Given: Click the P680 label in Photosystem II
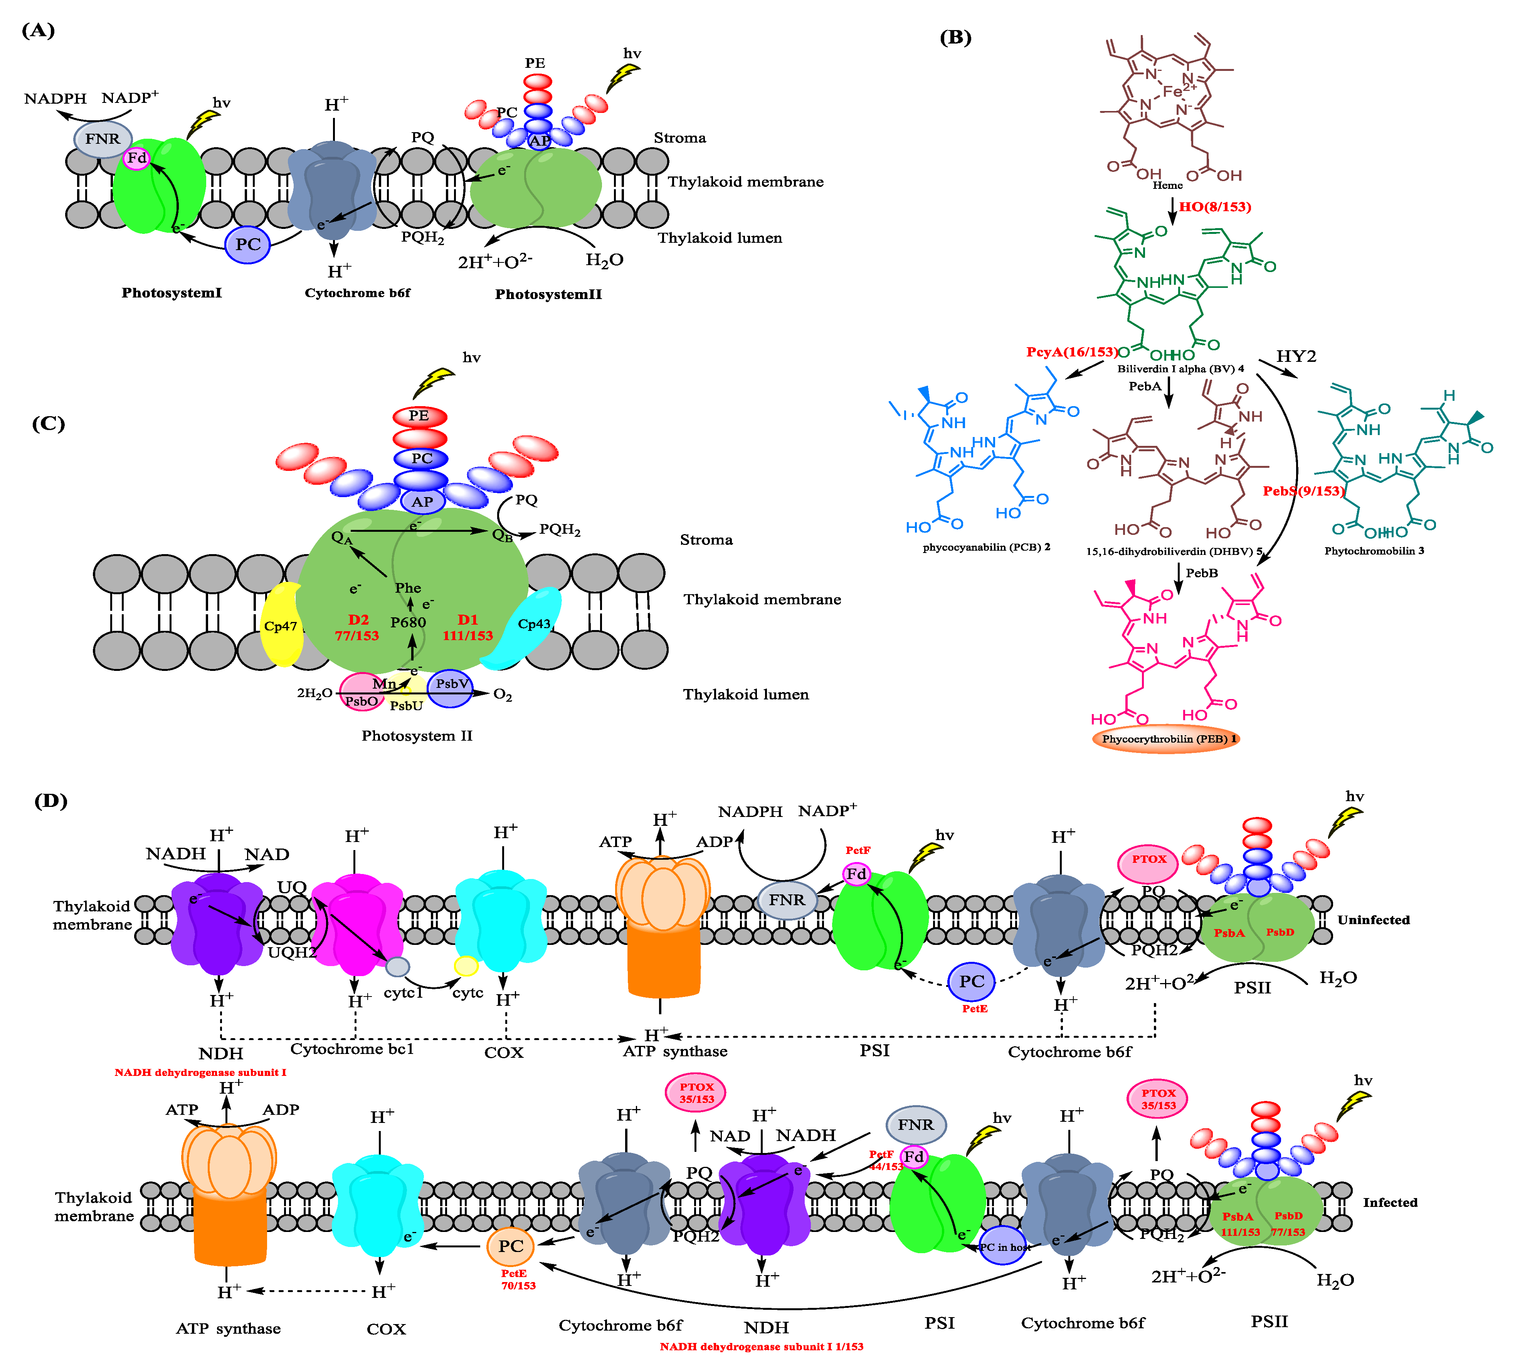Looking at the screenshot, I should coord(408,622).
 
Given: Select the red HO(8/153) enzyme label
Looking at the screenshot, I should coord(1214,207).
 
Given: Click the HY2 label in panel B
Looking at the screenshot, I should coord(1296,356).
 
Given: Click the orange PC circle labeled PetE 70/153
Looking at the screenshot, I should coord(511,1246).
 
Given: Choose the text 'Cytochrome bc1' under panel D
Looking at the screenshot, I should coord(352,1049).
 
